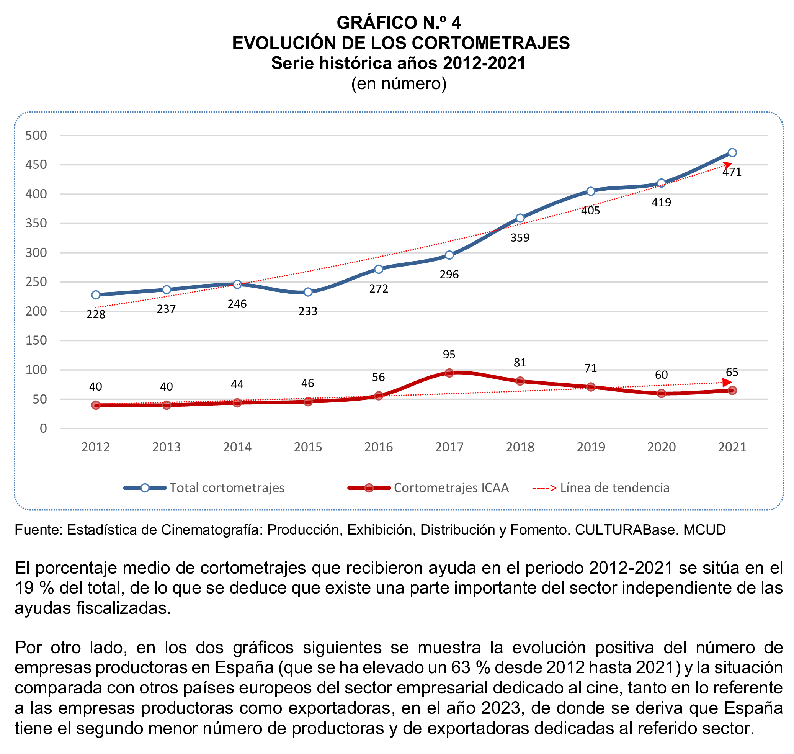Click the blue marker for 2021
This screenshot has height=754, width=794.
coord(732,153)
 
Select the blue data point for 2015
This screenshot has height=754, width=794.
coord(308,292)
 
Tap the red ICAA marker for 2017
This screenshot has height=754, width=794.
coord(449,373)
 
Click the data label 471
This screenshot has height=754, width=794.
coord(732,172)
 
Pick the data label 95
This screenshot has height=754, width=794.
coord(449,355)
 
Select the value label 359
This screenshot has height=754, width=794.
coord(520,238)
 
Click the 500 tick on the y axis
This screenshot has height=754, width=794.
coord(36,136)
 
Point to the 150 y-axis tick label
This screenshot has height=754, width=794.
coord(36,340)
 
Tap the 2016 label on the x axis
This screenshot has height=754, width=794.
coord(379,447)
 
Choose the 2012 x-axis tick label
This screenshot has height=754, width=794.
coord(96,447)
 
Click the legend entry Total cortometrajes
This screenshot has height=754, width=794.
coord(227,488)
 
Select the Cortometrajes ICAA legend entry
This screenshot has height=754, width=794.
coord(451,488)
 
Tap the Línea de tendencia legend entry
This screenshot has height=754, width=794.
coord(614,488)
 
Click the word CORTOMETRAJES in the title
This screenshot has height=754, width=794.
coord(471,43)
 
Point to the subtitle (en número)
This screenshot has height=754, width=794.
coord(399,83)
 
